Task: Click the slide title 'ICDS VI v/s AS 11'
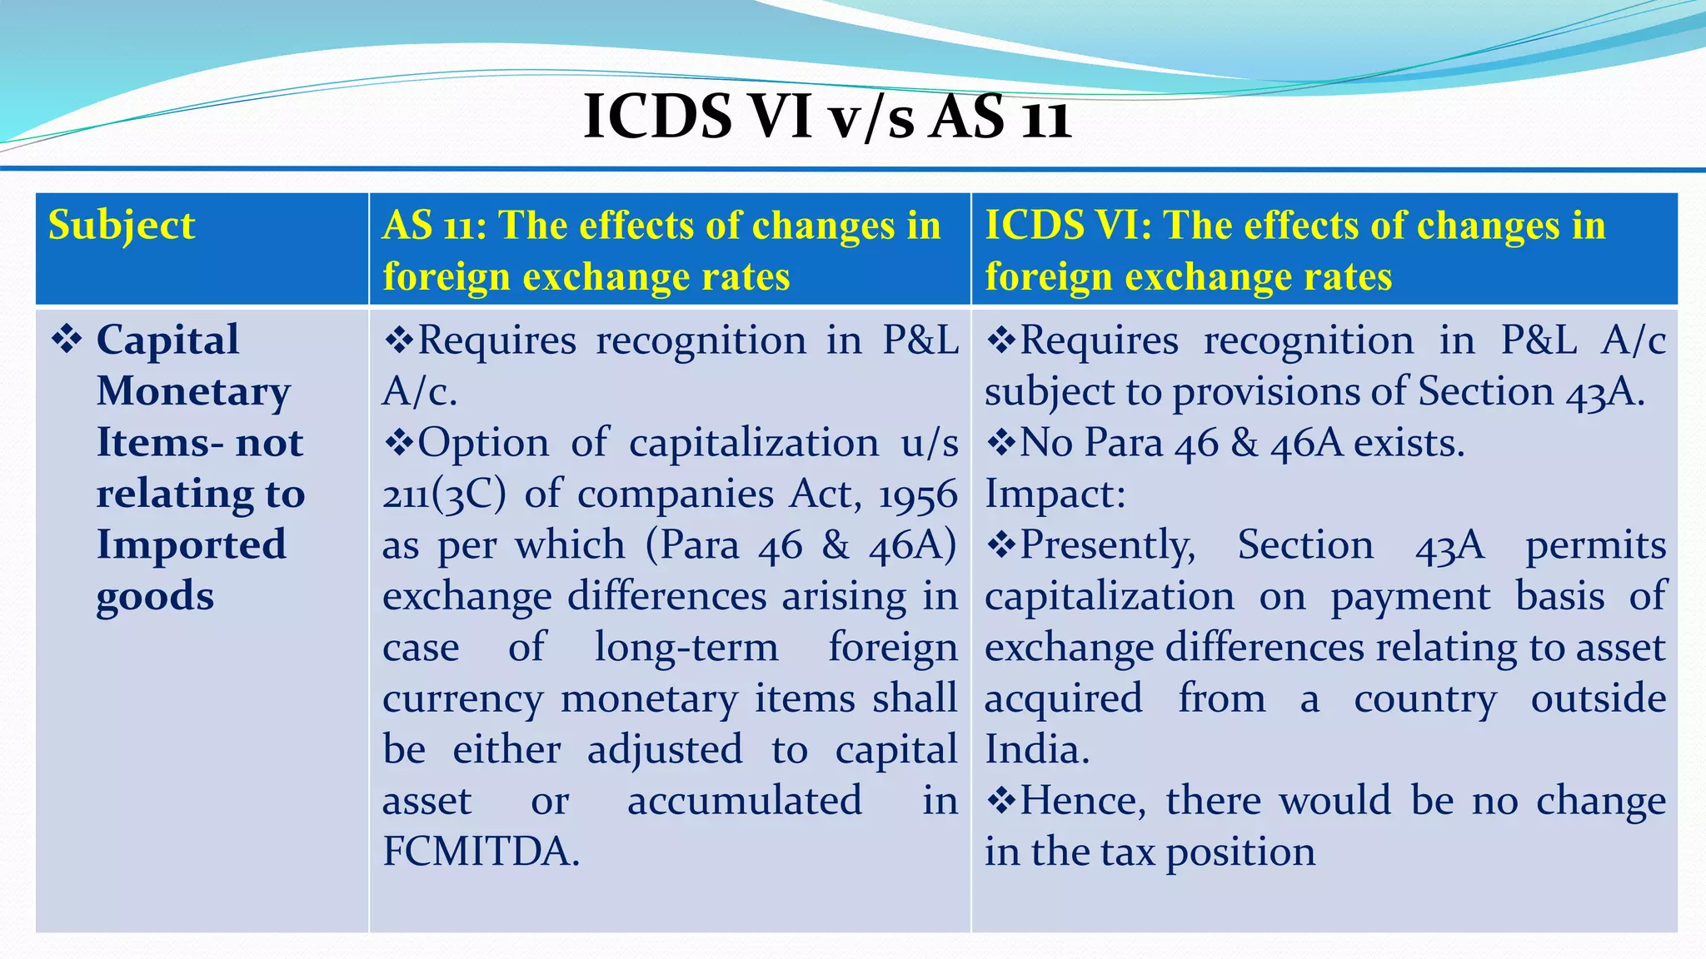826,117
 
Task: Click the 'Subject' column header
122,226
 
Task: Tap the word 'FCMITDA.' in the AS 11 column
481,852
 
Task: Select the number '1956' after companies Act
917,495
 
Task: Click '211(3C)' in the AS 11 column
443,495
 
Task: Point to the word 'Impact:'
1055,494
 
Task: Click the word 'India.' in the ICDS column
1036,750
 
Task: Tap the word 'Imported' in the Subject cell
192,545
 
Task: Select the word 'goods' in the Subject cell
155,597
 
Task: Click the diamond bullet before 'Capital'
67,340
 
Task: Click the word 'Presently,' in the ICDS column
1108,546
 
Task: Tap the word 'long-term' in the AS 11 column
686,648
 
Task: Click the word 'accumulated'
744,802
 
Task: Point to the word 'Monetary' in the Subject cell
193,391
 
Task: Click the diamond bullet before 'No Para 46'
1001,443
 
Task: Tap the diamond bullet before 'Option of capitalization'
399,443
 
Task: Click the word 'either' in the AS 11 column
506,750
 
